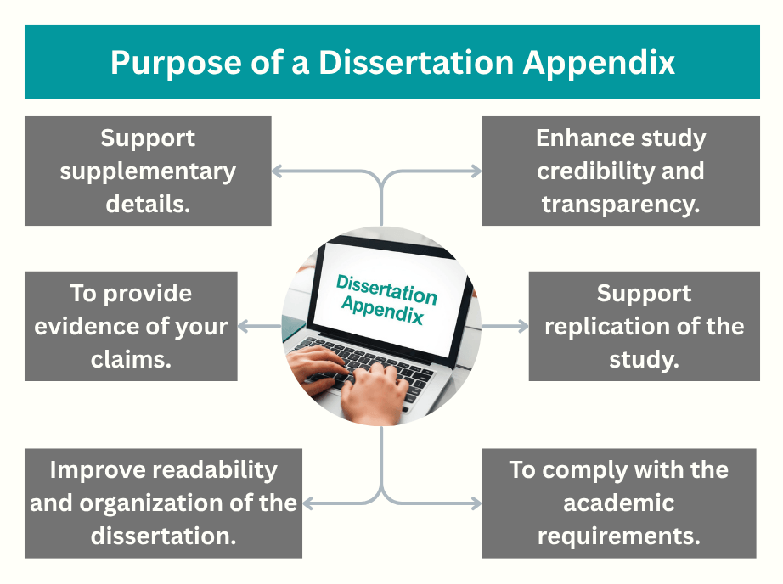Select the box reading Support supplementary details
pos(148,171)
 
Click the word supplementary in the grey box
pos(148,171)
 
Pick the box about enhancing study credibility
pos(620,171)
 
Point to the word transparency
pos(620,204)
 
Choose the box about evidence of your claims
pos(131,326)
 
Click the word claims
pos(131,358)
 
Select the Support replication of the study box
pos(644,326)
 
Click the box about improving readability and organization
pos(163,503)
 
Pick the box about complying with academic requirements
pos(618,503)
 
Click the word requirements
pos(618,536)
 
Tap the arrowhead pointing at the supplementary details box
pos(278,171)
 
